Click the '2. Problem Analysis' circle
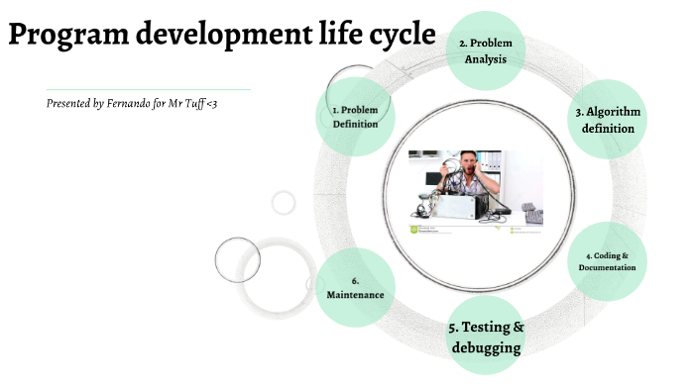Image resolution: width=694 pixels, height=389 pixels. pyautogui.click(x=485, y=50)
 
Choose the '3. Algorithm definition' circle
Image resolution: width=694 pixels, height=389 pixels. pyautogui.click(x=607, y=120)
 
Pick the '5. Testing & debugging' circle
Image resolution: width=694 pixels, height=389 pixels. pyautogui.click(x=486, y=337)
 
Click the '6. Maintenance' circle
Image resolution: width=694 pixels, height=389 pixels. pyautogui.click(x=354, y=288)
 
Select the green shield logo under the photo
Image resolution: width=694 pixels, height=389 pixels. pyautogui.click(x=414, y=230)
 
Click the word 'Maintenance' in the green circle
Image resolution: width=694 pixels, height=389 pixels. pyautogui.click(x=354, y=295)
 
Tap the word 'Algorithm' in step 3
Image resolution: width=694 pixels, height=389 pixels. pyautogui.click(x=614, y=112)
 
